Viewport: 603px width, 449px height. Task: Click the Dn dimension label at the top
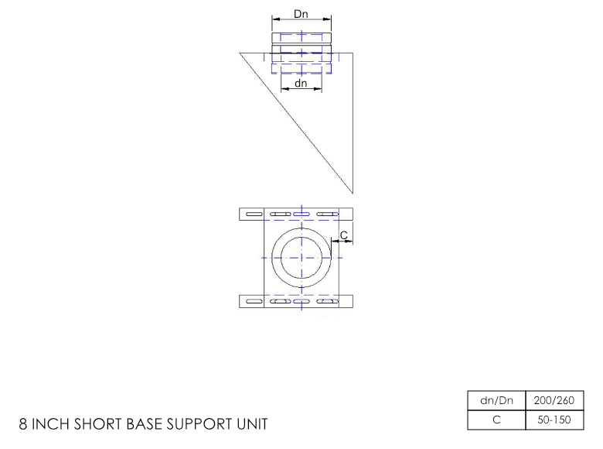tap(301, 14)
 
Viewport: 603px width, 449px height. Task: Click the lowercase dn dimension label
tap(301, 83)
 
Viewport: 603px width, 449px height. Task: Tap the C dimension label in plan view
tap(344, 235)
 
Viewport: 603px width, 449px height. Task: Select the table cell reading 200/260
tap(554, 400)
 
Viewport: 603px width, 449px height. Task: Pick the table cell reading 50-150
tap(554, 420)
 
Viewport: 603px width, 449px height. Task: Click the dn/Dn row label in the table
tap(496, 400)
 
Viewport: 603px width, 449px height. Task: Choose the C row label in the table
tap(496, 420)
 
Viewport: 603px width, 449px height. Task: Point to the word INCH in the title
tap(51, 424)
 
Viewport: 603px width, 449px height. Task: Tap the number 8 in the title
tap(23, 424)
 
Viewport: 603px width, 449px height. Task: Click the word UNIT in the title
tap(252, 424)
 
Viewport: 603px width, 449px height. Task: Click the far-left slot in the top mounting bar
tap(254, 214)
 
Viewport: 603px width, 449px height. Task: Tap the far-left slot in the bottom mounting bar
tap(254, 301)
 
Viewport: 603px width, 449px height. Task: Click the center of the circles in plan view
tap(301, 258)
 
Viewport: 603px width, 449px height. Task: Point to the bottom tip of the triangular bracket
tap(353, 193)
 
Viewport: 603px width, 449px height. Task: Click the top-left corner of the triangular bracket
tap(240, 53)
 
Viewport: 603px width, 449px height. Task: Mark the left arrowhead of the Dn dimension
tap(275, 19)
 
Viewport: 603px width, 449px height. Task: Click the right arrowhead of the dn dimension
tap(319, 89)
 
